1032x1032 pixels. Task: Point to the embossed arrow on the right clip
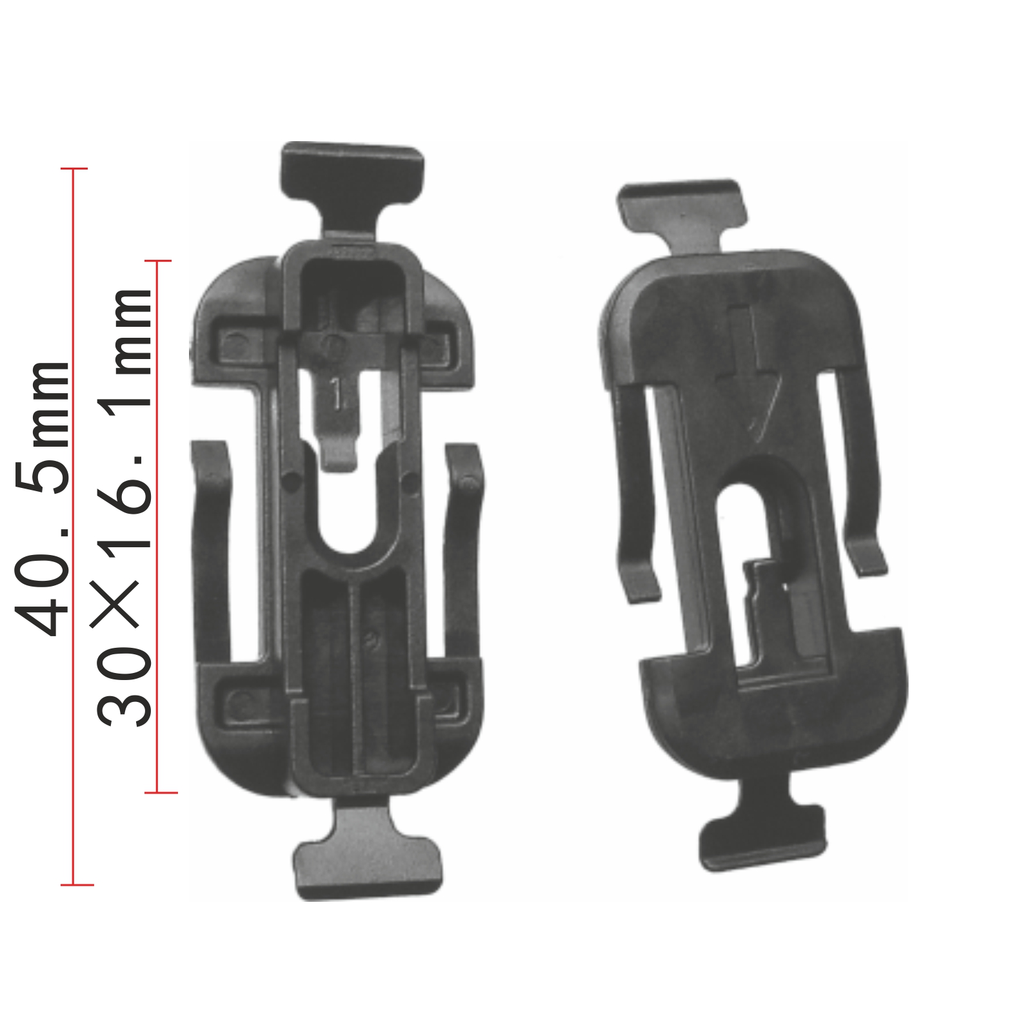click(751, 367)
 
